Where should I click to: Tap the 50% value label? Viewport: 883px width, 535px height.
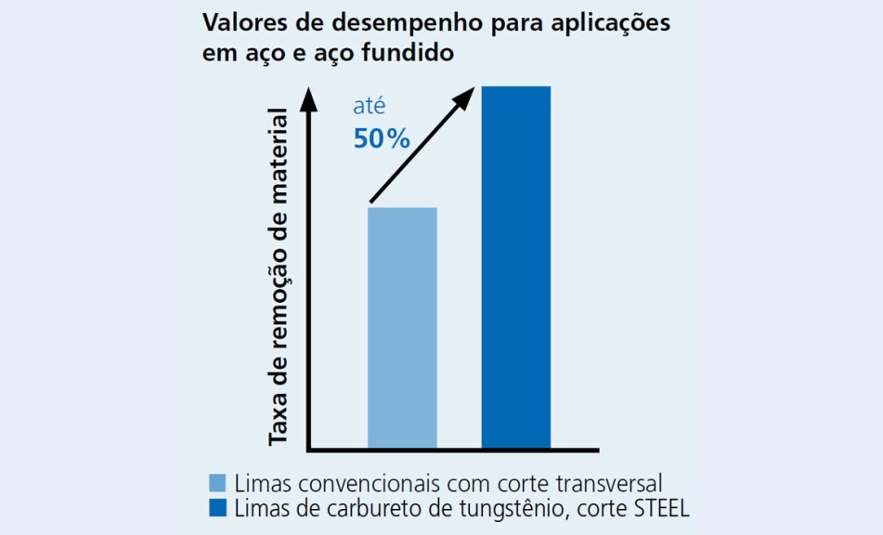click(x=382, y=139)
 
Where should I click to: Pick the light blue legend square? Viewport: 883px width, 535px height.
click(x=217, y=483)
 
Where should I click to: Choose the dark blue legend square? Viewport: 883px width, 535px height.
click(x=217, y=508)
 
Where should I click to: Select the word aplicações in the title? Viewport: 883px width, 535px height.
click(x=611, y=24)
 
